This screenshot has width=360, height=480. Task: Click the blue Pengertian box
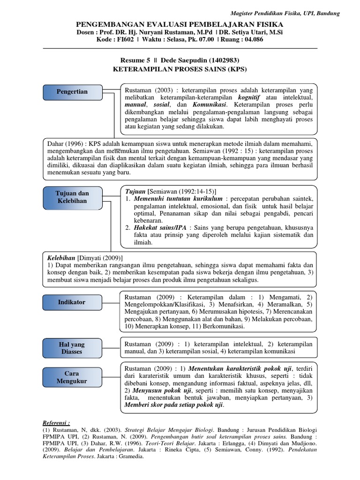[72, 92]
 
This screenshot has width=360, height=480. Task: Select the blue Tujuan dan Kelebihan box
[72, 197]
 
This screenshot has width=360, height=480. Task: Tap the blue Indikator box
[72, 302]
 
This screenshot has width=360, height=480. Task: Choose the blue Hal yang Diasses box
[72, 348]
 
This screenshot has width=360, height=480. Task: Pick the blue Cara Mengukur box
[72, 377]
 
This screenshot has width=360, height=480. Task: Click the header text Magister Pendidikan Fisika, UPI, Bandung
[286, 14]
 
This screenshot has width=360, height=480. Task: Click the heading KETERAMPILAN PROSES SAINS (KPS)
[180, 69]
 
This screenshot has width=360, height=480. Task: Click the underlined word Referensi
[56, 422]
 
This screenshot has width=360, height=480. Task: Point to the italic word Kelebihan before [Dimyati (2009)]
[62, 258]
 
